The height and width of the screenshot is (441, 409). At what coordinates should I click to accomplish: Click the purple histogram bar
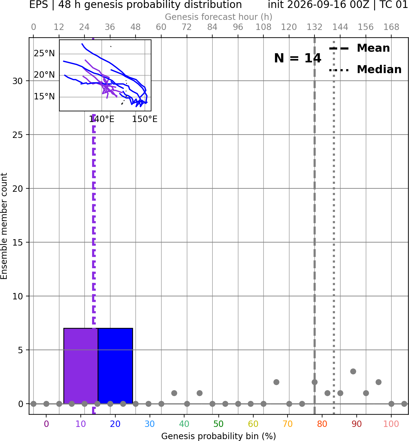pyautogui.click(x=81, y=366)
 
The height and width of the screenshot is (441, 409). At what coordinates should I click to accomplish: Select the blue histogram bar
pyautogui.click(x=115, y=366)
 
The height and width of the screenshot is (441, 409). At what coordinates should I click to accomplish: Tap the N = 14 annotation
pyautogui.click(x=297, y=58)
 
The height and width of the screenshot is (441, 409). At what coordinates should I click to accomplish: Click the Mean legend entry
pyautogui.click(x=359, y=48)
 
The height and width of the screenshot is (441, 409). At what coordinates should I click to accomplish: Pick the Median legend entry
pyautogui.click(x=365, y=69)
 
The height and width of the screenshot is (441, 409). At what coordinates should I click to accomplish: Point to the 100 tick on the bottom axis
pyautogui.click(x=391, y=424)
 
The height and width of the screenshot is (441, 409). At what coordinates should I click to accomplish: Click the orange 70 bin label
pyautogui.click(x=288, y=424)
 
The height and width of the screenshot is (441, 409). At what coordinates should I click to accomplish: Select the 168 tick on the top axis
pyautogui.click(x=391, y=27)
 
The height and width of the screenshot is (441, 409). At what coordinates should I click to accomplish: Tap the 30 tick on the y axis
pyautogui.click(x=17, y=81)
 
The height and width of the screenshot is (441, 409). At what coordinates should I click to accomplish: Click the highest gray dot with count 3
pyautogui.click(x=353, y=371)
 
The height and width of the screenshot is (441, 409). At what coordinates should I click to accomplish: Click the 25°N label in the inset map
pyautogui.click(x=44, y=54)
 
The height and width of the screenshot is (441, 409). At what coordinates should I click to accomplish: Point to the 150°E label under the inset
pyautogui.click(x=145, y=119)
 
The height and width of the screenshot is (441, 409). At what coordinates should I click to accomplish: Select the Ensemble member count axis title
pyautogui.click(x=4, y=226)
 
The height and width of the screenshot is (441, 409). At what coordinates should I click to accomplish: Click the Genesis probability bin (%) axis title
pyautogui.click(x=219, y=436)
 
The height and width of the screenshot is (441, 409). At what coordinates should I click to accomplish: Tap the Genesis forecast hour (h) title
pyautogui.click(x=219, y=17)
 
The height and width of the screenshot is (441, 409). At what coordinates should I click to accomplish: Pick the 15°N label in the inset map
pyautogui.click(x=44, y=97)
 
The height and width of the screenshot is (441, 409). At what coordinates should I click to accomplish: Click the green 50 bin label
pyautogui.click(x=218, y=424)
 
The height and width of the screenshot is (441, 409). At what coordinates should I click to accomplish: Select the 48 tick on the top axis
pyautogui.click(x=136, y=27)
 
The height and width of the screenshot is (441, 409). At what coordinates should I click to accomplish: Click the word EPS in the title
pyautogui.click(x=39, y=5)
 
